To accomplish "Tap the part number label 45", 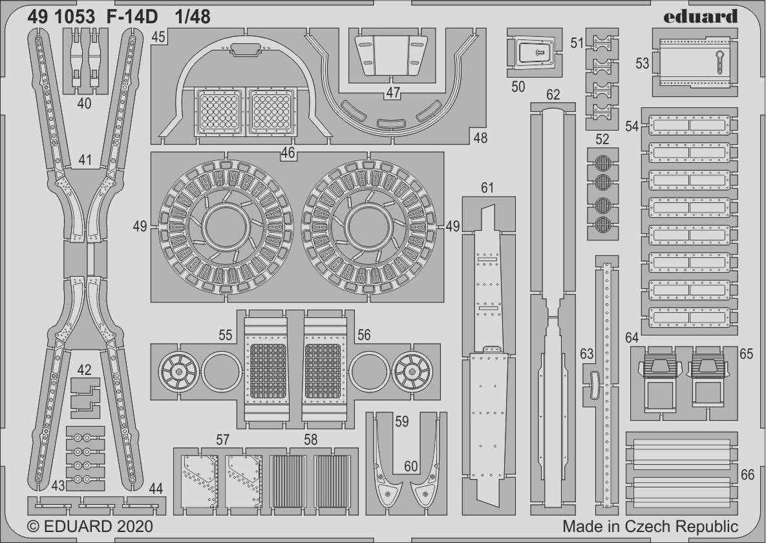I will coord(159,37).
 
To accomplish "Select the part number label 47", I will coord(393,92).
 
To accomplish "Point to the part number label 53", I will coord(642,63).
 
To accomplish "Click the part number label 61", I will coord(487,187).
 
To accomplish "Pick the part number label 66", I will coord(747,475).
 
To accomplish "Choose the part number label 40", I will coord(84,103).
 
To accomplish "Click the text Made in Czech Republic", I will coord(650,526).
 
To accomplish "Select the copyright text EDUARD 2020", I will coord(90,526).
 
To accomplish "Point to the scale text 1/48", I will coord(192,17).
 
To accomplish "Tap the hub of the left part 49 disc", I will coord(226,227).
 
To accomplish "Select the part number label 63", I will coord(586,354).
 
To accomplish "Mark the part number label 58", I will coord(311,440).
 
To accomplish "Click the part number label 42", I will coord(84,370).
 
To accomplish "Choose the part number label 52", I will coord(602,139).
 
